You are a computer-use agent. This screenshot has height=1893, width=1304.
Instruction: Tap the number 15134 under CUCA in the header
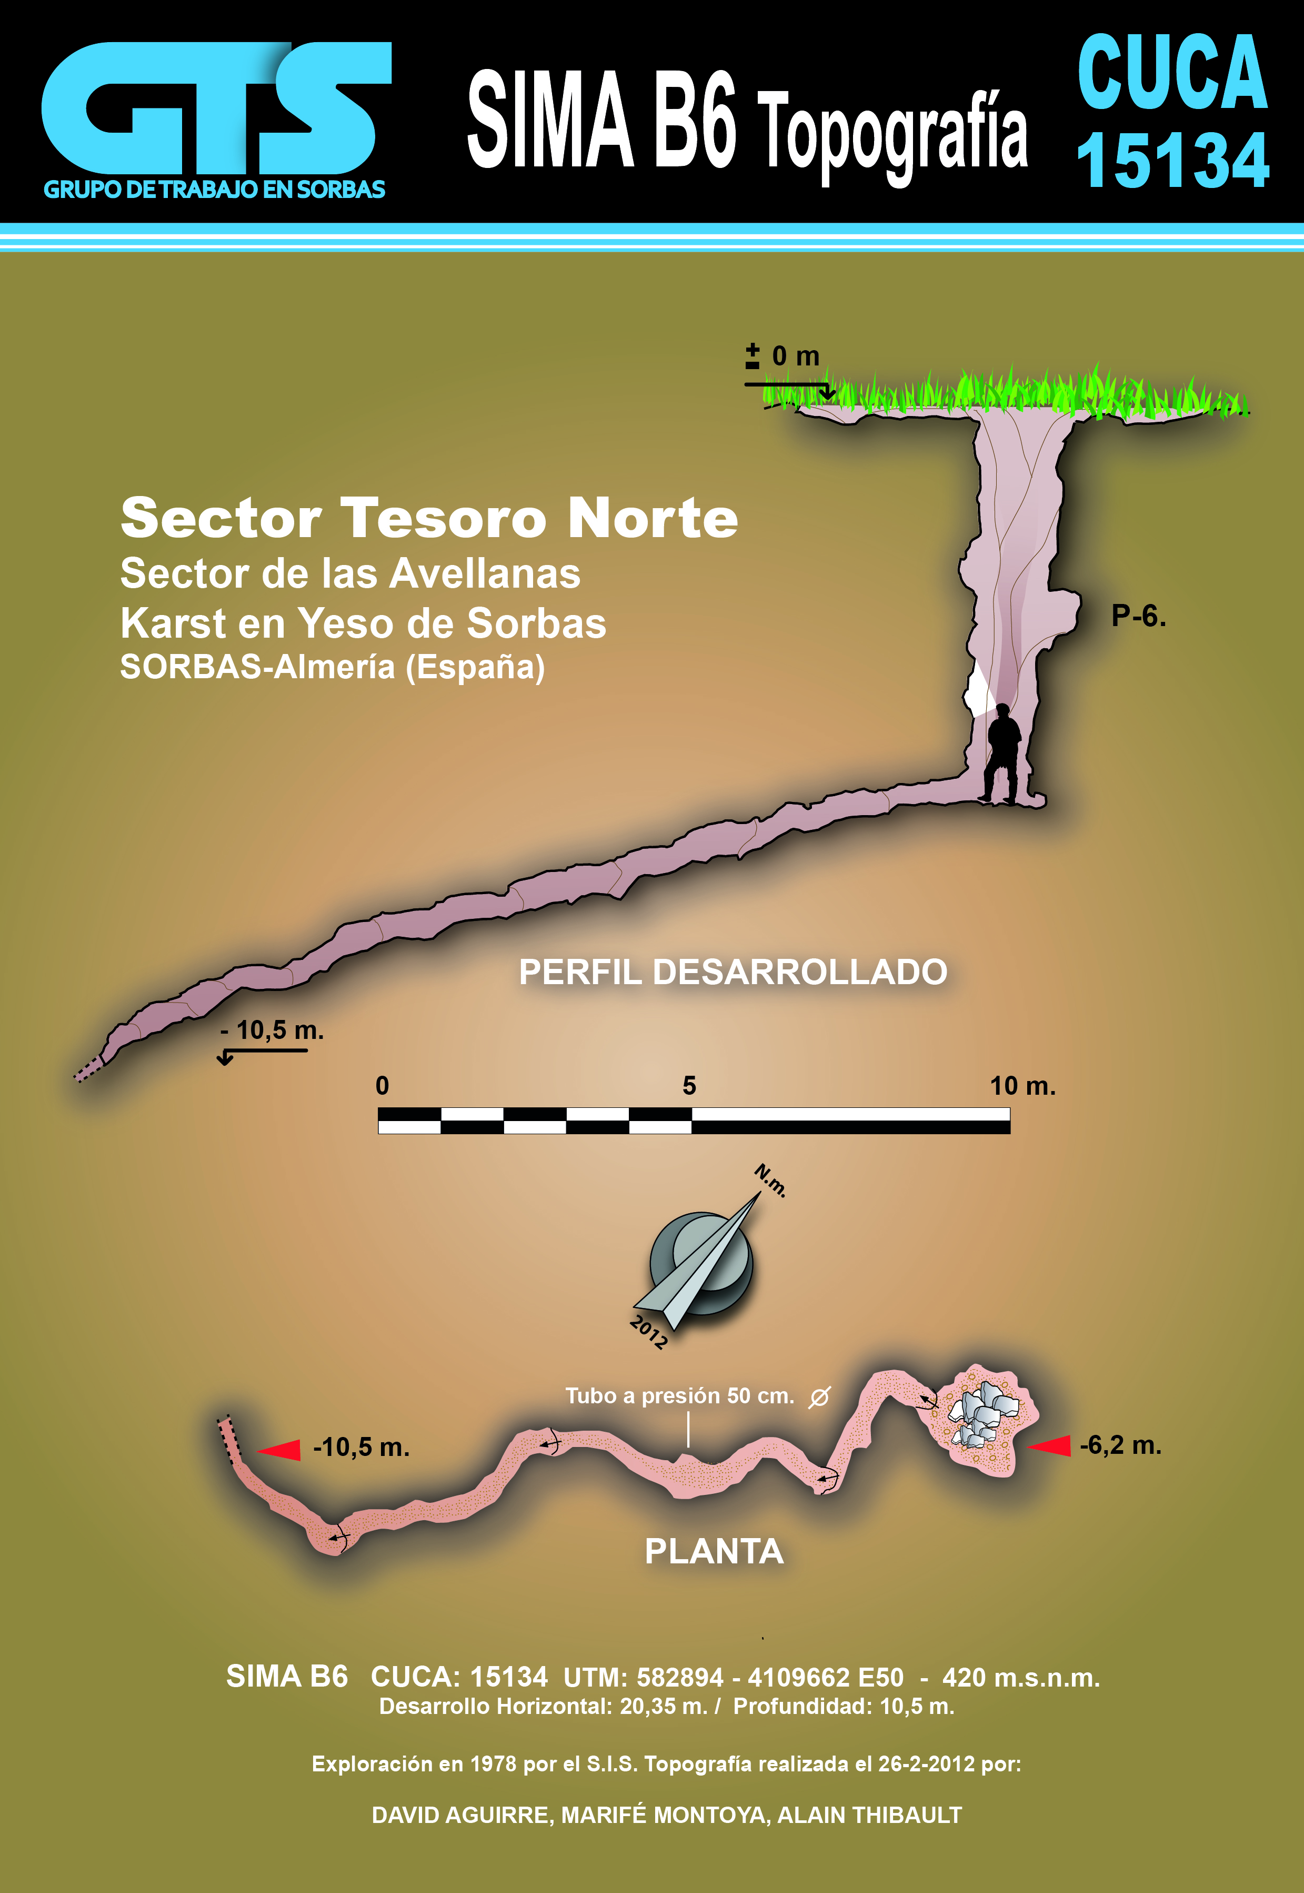click(1172, 161)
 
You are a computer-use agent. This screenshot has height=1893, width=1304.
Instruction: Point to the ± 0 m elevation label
click(783, 356)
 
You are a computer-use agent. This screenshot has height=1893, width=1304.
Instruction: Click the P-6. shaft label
click(1138, 616)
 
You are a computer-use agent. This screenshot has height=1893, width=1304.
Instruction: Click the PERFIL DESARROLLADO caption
click(733, 972)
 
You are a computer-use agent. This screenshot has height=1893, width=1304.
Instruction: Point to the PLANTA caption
click(714, 1551)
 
